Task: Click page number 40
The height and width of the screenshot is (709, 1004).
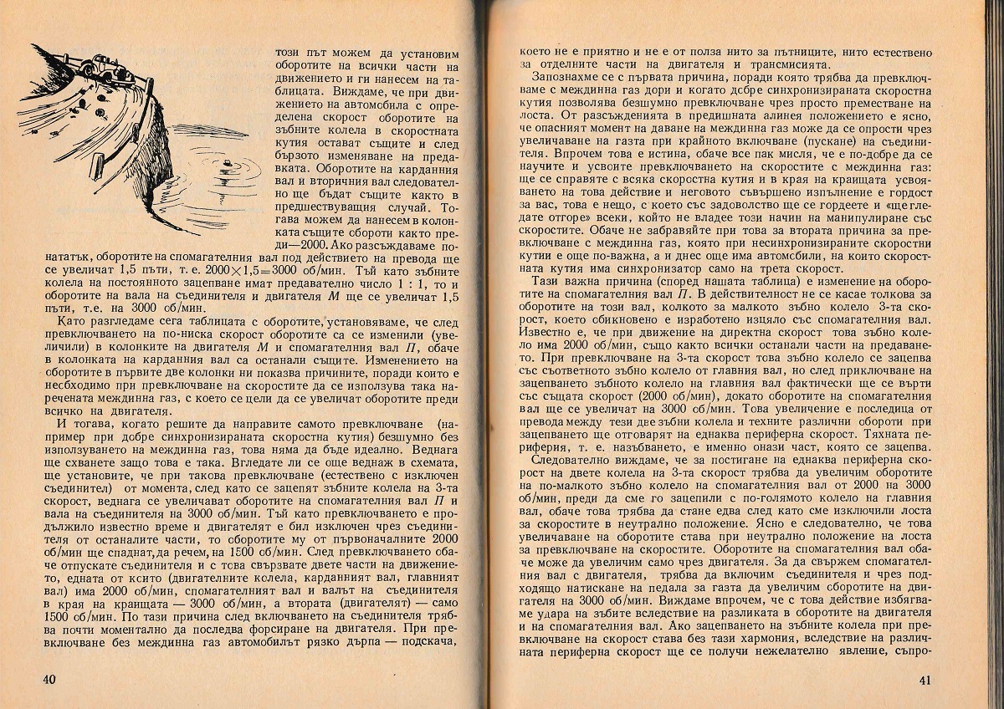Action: (49, 678)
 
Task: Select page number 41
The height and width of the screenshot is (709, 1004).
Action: (923, 679)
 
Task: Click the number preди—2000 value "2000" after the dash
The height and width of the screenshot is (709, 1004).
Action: (303, 245)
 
